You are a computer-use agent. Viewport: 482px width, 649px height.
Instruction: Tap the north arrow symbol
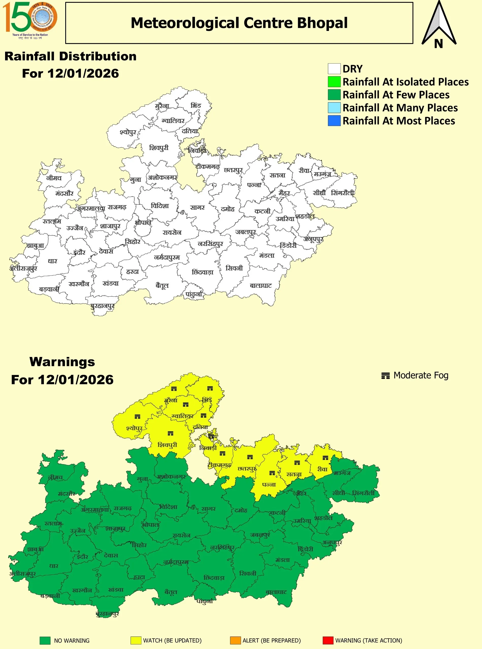click(439, 25)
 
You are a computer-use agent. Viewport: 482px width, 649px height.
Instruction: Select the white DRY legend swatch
click(334, 69)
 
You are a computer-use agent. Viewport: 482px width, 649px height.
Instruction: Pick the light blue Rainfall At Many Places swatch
click(334, 107)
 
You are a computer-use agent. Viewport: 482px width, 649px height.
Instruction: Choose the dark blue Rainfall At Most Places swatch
click(334, 121)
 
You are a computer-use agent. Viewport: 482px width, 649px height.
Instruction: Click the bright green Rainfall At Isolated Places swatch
click(334, 82)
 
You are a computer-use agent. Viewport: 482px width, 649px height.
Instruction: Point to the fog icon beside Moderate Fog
click(386, 376)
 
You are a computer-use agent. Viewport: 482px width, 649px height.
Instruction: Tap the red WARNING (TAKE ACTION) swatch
click(328, 640)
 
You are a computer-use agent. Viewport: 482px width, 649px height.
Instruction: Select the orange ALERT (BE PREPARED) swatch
click(235, 640)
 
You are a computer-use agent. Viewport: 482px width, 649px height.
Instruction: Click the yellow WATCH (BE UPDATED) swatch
click(136, 640)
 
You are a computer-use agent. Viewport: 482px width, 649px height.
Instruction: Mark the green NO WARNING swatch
click(45, 640)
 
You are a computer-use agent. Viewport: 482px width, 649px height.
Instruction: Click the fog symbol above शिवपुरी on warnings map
click(170, 433)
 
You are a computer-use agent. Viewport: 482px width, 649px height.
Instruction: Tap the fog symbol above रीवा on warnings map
click(325, 458)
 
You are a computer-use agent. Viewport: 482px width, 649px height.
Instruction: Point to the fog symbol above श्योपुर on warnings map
click(137, 417)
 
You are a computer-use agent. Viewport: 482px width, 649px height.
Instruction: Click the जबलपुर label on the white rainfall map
click(246, 232)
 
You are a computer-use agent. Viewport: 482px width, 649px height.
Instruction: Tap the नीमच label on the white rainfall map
click(54, 178)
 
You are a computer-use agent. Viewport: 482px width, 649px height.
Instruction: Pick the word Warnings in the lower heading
click(62, 362)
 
